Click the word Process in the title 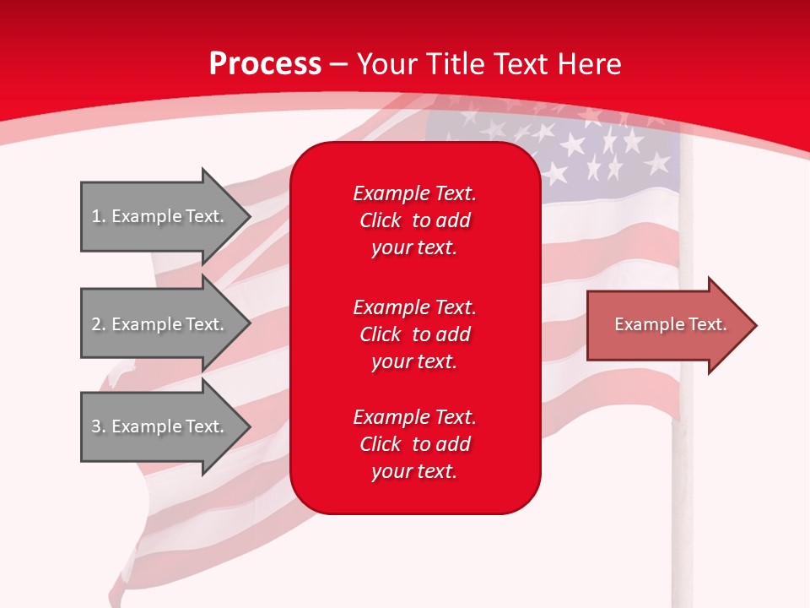265,63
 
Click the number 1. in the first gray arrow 98,216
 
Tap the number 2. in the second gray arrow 98,324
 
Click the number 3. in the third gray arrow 98,426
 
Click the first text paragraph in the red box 414,220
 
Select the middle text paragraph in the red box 414,334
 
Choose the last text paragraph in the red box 414,444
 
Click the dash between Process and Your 339,64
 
